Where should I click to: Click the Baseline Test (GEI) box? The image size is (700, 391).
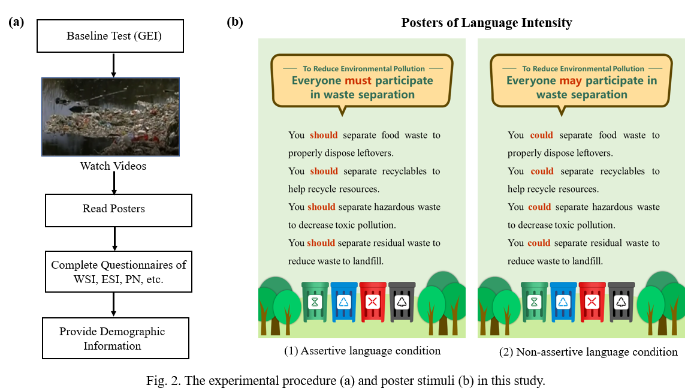[114, 37]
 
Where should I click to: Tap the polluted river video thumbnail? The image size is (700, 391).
[110, 116]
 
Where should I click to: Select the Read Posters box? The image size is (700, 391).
[114, 209]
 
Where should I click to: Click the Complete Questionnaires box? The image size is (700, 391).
[119, 272]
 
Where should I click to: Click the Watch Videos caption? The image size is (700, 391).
[113, 166]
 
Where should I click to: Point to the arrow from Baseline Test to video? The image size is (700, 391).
[113, 65]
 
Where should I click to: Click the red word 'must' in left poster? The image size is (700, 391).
[358, 80]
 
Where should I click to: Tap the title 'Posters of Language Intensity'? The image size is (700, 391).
[487, 23]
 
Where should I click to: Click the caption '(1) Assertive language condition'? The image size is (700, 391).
[363, 351]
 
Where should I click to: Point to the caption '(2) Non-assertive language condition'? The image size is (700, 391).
[588, 352]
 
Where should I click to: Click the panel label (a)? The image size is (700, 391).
[17, 23]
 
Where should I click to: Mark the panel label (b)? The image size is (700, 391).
[235, 23]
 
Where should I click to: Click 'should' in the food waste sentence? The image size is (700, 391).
[324, 135]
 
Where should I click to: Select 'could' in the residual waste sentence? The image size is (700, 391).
[539, 243]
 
